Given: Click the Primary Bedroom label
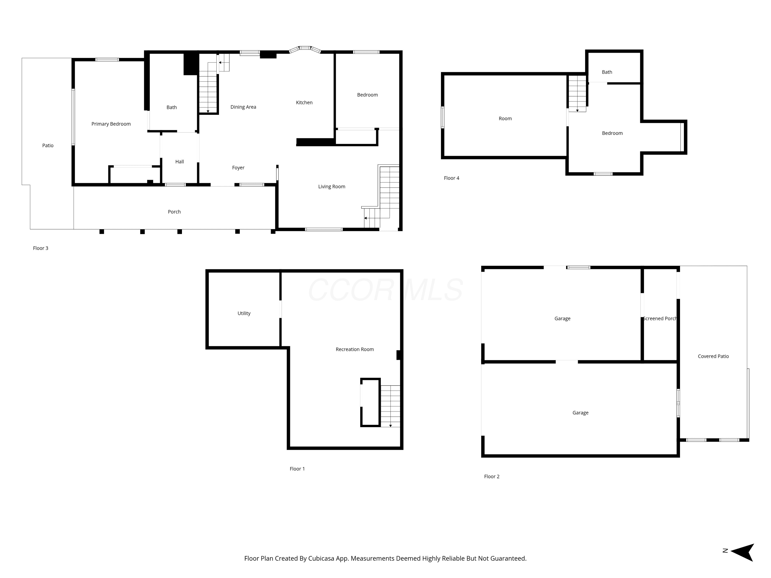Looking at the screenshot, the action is (111, 124).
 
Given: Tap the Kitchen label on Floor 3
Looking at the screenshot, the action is (304, 102).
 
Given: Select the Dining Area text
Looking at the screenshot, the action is (243, 107).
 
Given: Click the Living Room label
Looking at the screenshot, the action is (332, 187).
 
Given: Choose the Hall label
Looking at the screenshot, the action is (179, 162).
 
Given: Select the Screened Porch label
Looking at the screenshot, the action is (660, 319).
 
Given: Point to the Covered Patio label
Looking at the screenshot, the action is (713, 356).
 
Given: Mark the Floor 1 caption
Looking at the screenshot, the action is (297, 469).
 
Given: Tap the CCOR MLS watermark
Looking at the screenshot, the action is (385, 290).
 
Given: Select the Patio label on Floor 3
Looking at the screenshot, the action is (48, 146).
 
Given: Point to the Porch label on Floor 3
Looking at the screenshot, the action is (174, 212).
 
